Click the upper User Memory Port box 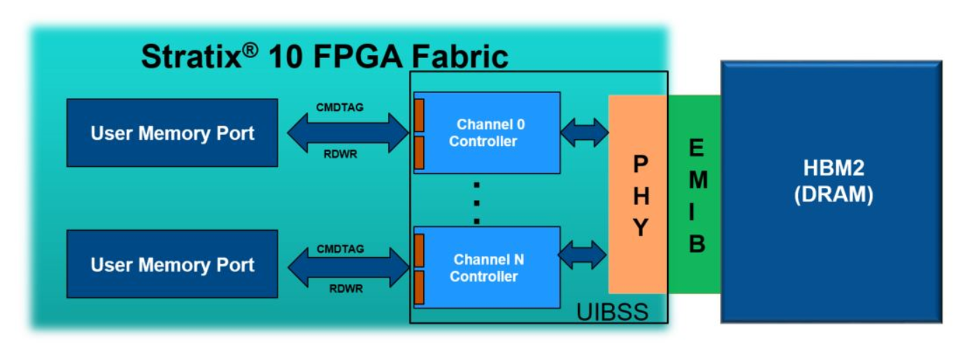tap(172, 133)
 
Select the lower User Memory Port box tap(172, 264)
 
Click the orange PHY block tap(639, 196)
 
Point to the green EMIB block tap(695, 196)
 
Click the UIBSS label tap(612, 312)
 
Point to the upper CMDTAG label tap(339, 108)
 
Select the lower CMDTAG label tap(339, 249)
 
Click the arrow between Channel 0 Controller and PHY tap(585, 133)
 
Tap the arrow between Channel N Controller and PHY tap(583, 255)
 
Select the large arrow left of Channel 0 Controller tap(348, 131)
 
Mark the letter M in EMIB tap(697, 180)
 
